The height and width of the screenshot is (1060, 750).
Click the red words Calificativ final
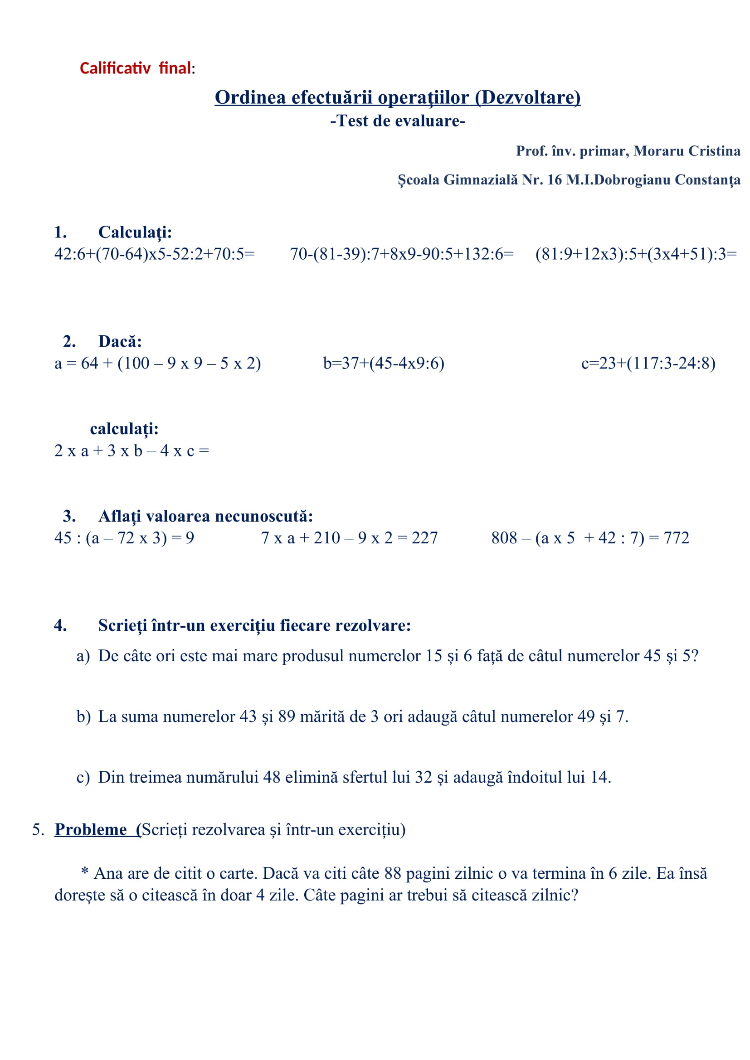(x=135, y=68)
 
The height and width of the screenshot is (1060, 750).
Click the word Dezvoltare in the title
(x=527, y=97)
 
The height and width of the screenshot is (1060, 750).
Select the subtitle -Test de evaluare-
(x=398, y=121)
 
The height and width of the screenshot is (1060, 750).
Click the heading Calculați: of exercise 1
(x=135, y=232)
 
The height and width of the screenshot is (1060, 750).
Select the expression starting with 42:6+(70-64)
(x=154, y=254)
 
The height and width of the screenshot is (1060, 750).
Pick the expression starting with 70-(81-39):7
(x=401, y=254)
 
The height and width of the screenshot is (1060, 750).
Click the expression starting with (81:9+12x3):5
(x=636, y=254)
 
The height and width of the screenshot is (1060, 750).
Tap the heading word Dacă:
(x=120, y=342)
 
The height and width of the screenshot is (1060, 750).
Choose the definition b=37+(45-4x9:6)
(x=383, y=363)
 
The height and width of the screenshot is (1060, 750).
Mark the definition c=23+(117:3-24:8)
(x=648, y=363)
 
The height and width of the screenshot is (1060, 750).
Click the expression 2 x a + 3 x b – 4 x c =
(x=131, y=450)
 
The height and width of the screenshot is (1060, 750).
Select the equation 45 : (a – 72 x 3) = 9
(x=124, y=538)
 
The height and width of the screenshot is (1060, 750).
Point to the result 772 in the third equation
(x=676, y=538)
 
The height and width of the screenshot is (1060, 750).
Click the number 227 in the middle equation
(x=424, y=538)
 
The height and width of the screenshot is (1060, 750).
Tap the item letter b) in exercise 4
(x=83, y=716)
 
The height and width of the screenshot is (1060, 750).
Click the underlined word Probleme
(x=91, y=830)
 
